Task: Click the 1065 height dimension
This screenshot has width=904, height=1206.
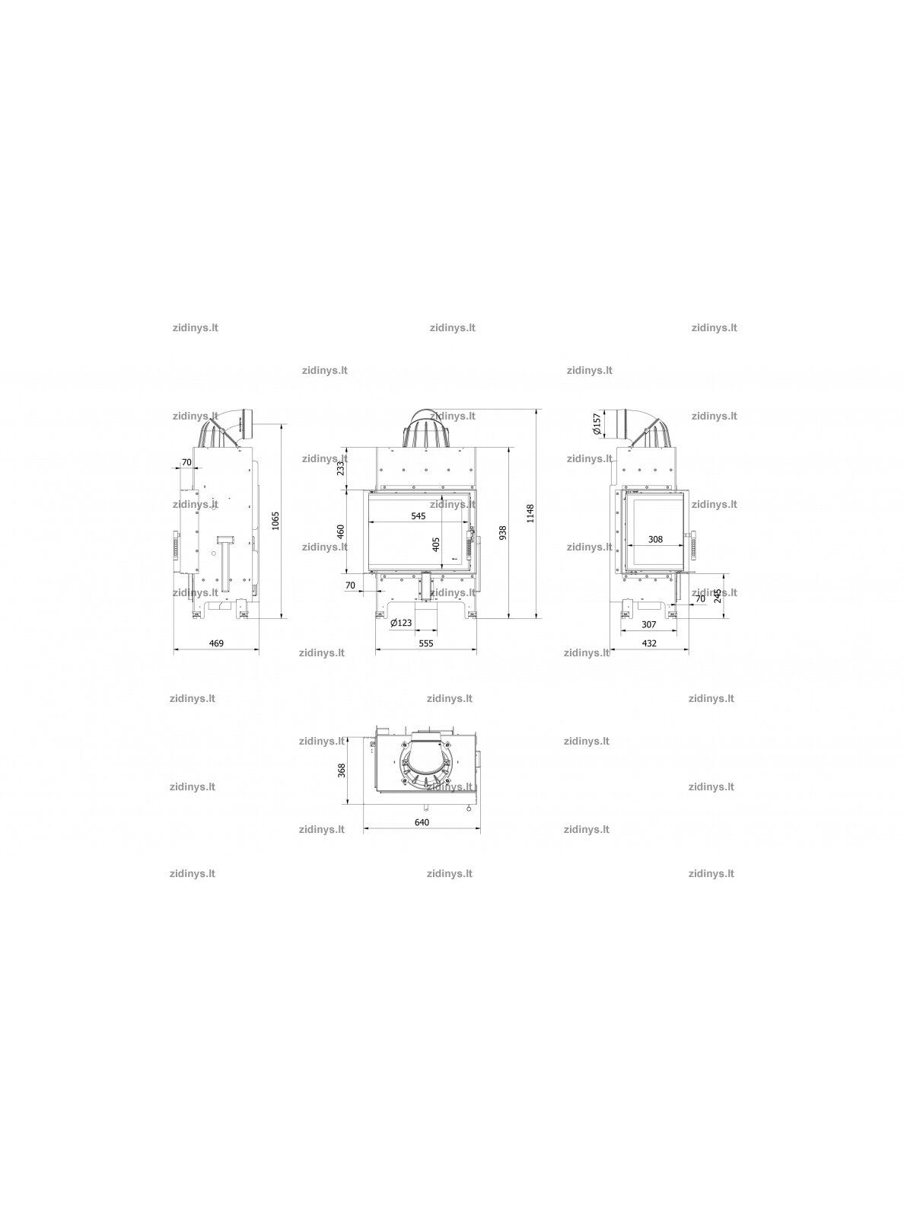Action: click(x=276, y=521)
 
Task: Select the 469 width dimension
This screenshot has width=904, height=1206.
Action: click(x=217, y=643)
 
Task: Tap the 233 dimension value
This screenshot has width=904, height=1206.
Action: click(x=341, y=467)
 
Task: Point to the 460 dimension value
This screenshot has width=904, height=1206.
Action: click(x=341, y=531)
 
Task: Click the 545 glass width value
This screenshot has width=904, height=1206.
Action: click(x=419, y=516)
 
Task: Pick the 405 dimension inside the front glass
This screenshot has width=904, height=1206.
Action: click(x=436, y=544)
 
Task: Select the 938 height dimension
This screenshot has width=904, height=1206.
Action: click(x=503, y=532)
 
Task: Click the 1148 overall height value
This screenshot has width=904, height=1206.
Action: click(x=530, y=513)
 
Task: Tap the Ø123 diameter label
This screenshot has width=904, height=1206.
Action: click(x=401, y=623)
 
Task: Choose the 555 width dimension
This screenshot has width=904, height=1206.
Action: click(x=426, y=643)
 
